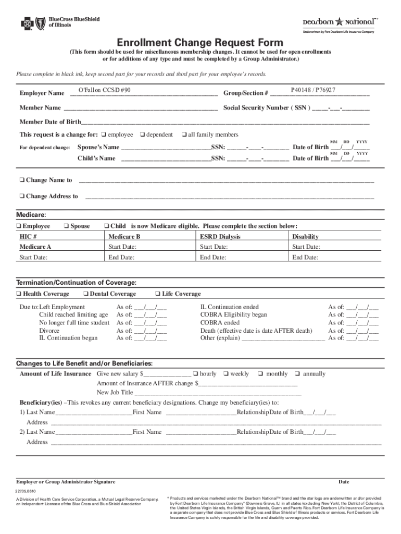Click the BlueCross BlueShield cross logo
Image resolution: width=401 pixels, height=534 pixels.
click(x=26, y=23)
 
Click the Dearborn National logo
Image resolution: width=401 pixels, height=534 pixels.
click(x=339, y=22)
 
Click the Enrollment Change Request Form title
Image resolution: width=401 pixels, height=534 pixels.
click(x=200, y=43)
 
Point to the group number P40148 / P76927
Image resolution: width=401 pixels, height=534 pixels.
click(x=313, y=90)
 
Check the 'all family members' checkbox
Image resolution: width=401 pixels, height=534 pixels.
click(x=184, y=135)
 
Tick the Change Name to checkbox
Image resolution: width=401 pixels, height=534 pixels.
click(x=21, y=180)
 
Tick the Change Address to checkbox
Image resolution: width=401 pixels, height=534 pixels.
click(x=21, y=197)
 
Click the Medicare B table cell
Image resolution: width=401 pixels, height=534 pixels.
click(x=124, y=237)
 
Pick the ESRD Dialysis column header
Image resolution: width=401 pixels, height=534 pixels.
click(x=220, y=237)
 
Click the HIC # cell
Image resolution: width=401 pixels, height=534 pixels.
click(x=28, y=237)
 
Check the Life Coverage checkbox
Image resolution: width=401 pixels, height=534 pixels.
click(x=158, y=294)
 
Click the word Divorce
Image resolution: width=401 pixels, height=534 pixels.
click(x=49, y=331)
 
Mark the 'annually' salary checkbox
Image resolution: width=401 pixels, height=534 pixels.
click(x=297, y=374)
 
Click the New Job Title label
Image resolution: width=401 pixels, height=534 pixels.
click(x=115, y=392)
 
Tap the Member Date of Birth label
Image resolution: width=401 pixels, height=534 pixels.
click(x=50, y=122)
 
